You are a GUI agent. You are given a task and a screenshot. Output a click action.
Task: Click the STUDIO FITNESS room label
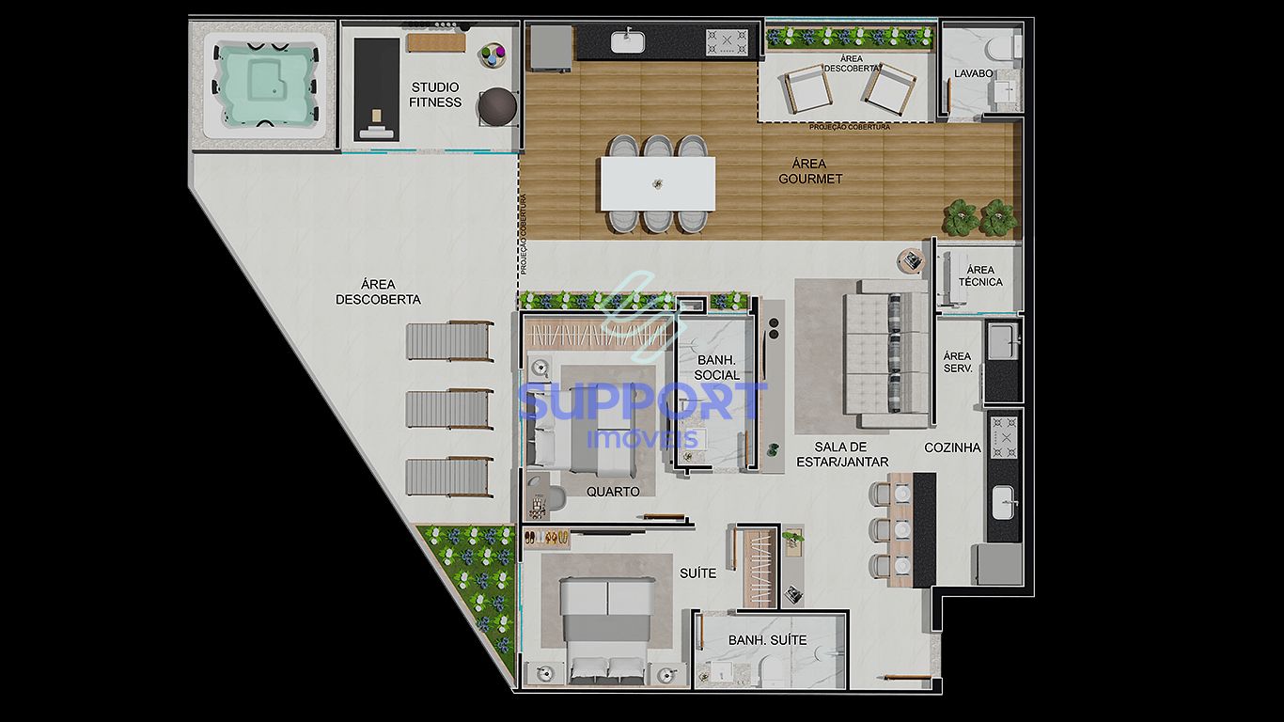pos(435,95)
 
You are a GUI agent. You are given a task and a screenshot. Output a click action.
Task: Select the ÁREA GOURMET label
pos(810,171)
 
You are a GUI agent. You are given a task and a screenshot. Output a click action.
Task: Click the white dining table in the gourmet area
pos(658,183)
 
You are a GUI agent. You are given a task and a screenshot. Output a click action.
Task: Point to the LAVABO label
pos(973,72)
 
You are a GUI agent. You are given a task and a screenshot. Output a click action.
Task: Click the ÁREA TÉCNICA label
pos(980,275)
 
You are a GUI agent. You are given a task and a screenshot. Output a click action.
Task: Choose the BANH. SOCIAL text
pos(717,368)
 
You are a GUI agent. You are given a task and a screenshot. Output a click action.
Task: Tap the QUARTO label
pos(613,492)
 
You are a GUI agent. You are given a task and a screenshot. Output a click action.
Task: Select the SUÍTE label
pos(698,573)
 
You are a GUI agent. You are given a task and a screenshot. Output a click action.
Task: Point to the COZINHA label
pos(952,447)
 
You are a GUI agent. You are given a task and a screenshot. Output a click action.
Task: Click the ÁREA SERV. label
pos(957,362)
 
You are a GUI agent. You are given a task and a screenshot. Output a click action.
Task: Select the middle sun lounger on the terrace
pos(449,409)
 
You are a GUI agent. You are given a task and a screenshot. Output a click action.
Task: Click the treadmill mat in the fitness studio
pos(376,89)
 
